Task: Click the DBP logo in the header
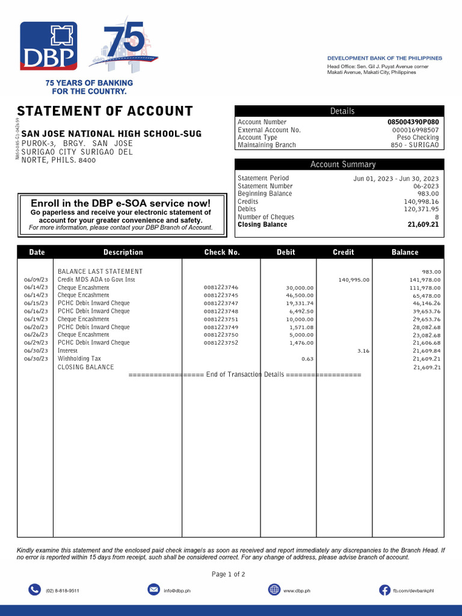click(x=49, y=46)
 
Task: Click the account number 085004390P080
click(x=413, y=122)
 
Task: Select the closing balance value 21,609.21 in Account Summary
click(x=423, y=225)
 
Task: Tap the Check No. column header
click(x=222, y=252)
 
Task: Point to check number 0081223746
click(x=221, y=288)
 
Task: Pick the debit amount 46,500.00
click(x=300, y=295)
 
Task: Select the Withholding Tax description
click(x=79, y=359)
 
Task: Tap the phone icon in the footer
click(x=34, y=590)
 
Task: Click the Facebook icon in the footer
click(x=384, y=590)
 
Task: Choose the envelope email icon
click(x=153, y=590)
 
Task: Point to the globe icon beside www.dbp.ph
click(x=274, y=590)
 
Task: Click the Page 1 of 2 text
click(x=229, y=574)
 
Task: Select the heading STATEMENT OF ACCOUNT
click(x=105, y=111)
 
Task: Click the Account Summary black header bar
click(x=339, y=164)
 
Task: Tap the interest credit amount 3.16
click(x=363, y=351)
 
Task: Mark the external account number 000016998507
click(x=415, y=130)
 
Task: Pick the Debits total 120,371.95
click(x=421, y=209)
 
